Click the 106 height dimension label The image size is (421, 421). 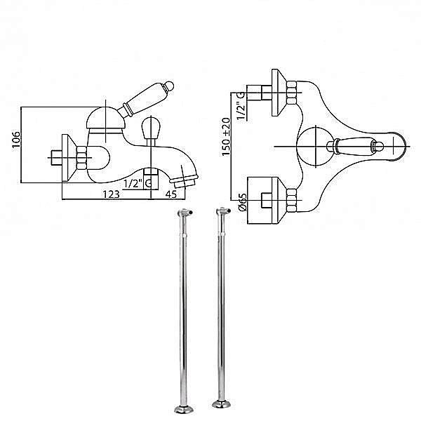tap(16, 140)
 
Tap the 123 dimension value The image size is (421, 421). tap(111, 194)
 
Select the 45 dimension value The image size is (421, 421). tap(171, 194)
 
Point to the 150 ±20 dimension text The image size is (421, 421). tap(226, 137)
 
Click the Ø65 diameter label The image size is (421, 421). tap(242, 202)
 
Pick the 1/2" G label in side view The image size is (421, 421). tap(138, 184)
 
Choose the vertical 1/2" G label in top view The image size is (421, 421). tap(240, 106)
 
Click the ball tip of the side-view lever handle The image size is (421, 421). tap(169, 86)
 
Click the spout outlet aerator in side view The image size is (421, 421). tap(185, 181)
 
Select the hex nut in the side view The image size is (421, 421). tap(81, 158)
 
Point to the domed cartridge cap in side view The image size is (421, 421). tap(106, 118)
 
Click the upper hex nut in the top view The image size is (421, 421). tap(292, 93)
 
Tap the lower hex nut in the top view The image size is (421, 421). tap(292, 200)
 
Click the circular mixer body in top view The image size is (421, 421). tap(316, 147)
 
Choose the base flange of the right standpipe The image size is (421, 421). tap(222, 404)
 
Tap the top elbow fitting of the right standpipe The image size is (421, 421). tap(223, 211)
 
